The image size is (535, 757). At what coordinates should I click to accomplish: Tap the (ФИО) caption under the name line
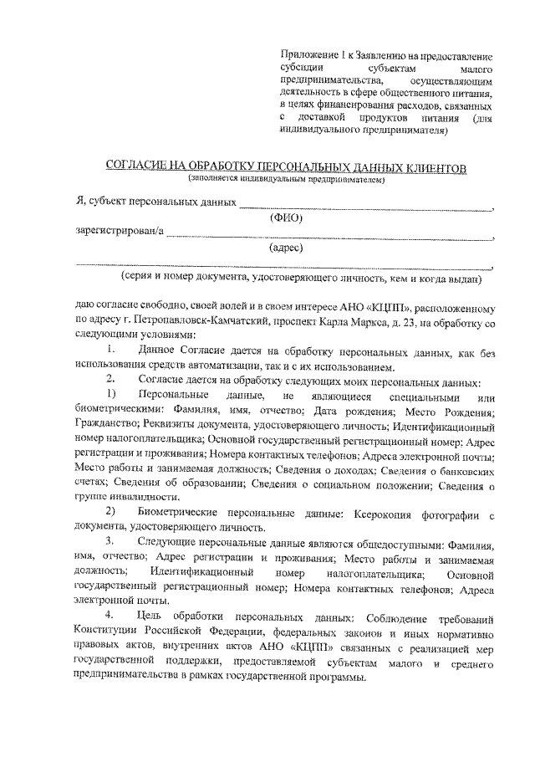[284, 217]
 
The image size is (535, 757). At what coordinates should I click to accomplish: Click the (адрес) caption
[285, 248]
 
